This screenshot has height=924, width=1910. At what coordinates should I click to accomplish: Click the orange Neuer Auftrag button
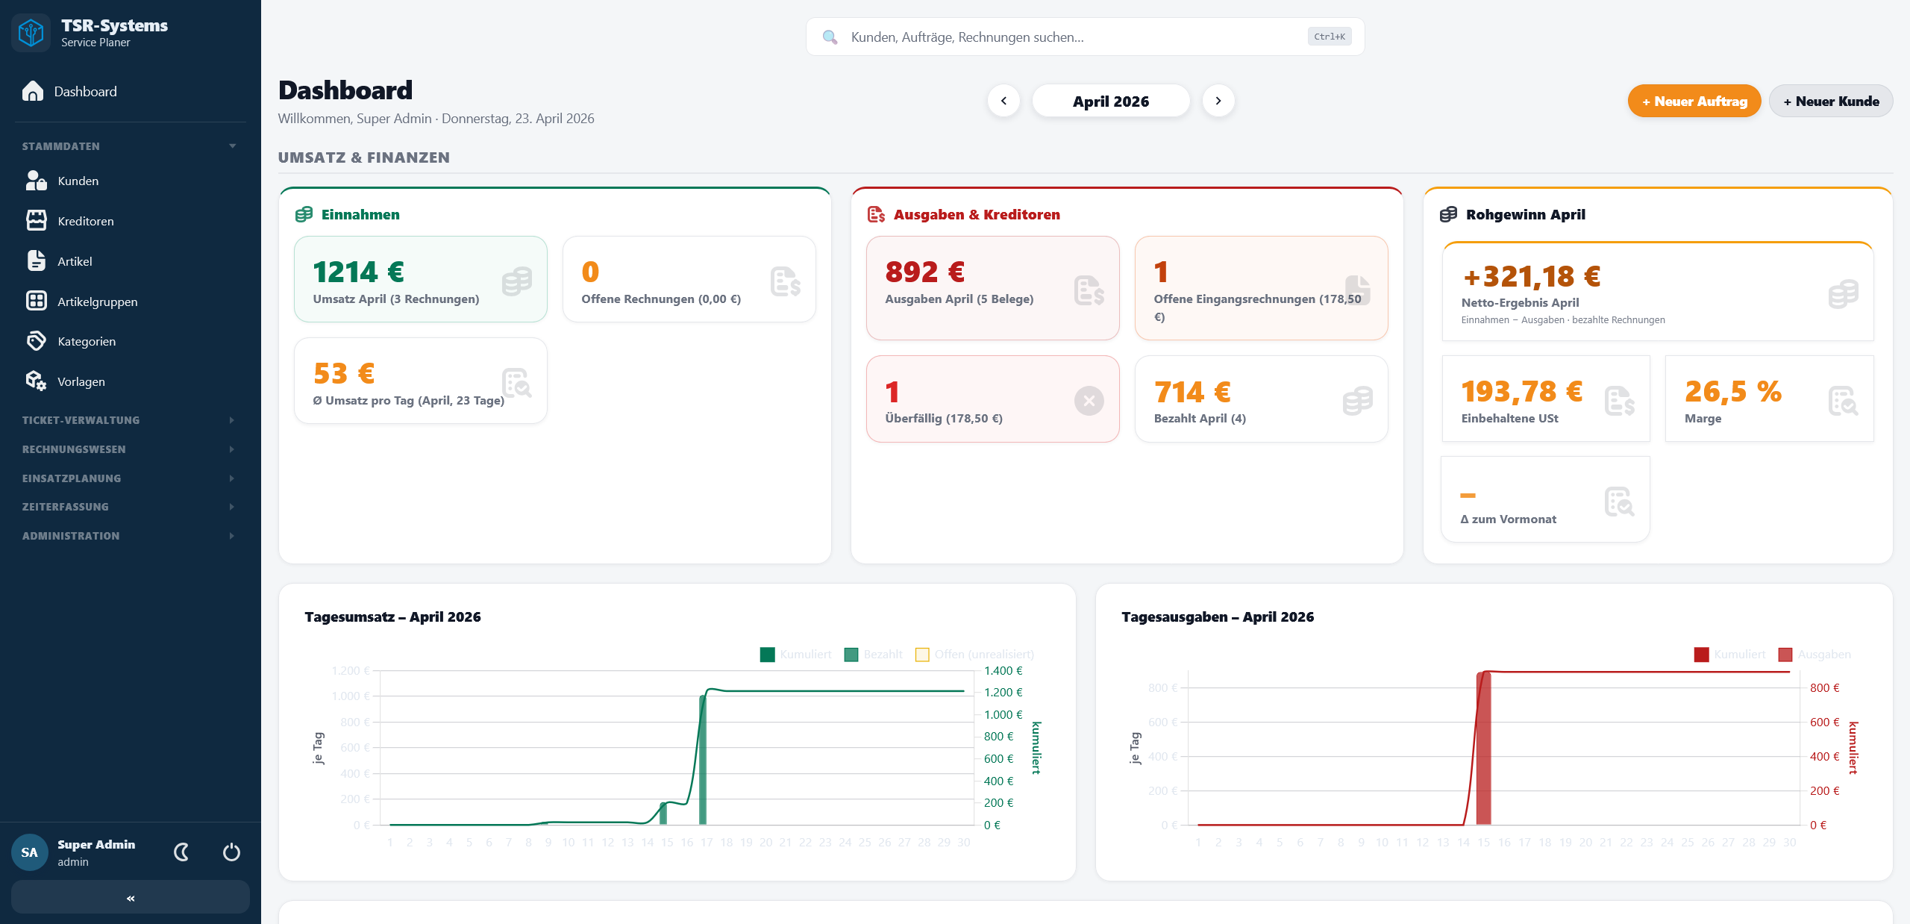click(x=1694, y=102)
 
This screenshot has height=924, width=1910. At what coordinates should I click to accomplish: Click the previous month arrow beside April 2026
click(x=1003, y=101)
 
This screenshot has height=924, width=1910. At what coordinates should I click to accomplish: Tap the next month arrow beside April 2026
click(x=1218, y=101)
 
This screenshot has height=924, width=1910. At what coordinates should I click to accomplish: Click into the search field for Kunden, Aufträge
click(x=1074, y=37)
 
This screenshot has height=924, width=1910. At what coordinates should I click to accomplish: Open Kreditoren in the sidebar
click(x=85, y=221)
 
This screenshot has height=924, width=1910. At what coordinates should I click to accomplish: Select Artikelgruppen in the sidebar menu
click(x=97, y=302)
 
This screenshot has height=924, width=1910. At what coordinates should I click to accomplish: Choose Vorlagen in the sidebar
click(x=81, y=381)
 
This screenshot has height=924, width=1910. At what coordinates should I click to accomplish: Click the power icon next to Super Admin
click(x=231, y=852)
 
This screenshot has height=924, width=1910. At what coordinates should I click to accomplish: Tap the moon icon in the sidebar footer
click(x=181, y=852)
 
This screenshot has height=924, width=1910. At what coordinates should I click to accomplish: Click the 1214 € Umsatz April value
click(x=358, y=272)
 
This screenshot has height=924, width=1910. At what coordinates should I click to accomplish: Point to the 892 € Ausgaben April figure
click(x=924, y=272)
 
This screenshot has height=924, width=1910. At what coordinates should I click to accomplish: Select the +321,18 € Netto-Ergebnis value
click(x=1531, y=277)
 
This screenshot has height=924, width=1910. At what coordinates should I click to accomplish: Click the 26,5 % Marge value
click(x=1732, y=392)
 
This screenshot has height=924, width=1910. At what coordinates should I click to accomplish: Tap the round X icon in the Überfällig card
click(x=1089, y=401)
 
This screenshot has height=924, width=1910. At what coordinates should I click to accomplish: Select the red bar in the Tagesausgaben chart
click(x=1484, y=749)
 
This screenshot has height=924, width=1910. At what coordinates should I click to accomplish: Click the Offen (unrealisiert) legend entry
click(x=974, y=655)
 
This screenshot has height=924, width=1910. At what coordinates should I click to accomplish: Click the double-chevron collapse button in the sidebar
click(x=131, y=898)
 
